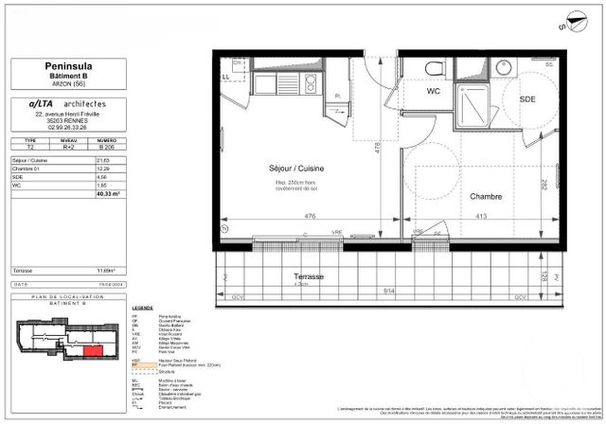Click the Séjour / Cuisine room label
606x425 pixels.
coord(283,168)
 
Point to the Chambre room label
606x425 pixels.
coord(484,197)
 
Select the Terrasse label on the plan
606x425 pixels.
coord(308,276)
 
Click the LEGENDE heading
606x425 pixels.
coord(143,309)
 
